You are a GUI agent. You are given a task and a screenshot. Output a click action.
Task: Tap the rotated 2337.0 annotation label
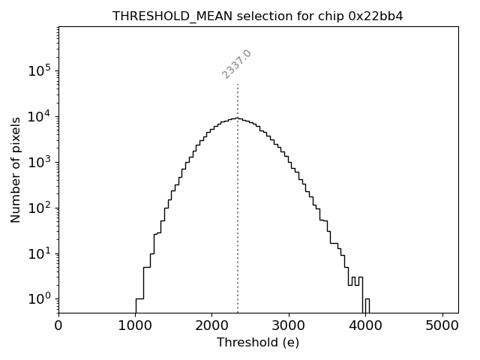click(237, 64)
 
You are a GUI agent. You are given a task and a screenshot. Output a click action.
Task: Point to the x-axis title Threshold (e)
click(258, 343)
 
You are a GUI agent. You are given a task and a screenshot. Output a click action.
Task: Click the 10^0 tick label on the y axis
click(40, 298)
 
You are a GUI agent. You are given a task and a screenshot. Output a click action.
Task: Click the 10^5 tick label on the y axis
click(40, 70)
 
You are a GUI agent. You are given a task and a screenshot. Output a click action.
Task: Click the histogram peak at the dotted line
click(238, 118)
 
